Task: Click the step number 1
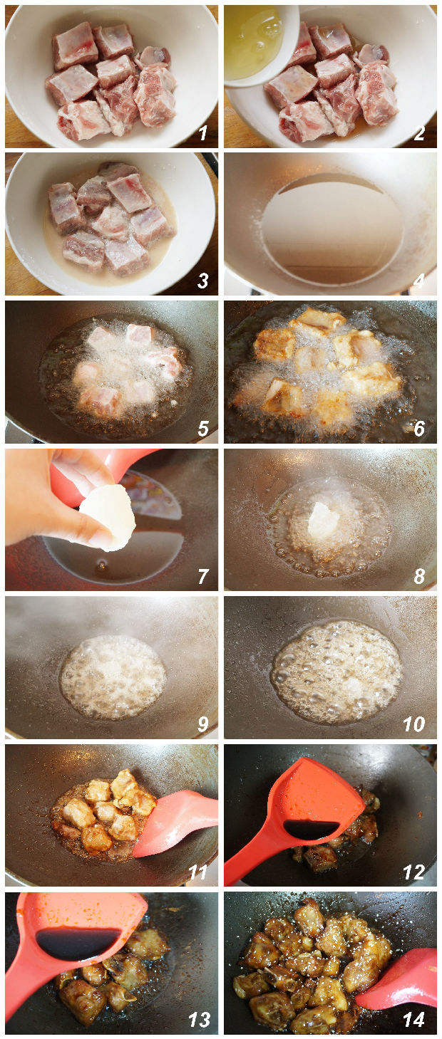(x=203, y=133)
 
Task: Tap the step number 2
(x=419, y=133)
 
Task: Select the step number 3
(x=203, y=281)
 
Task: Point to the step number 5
(x=203, y=428)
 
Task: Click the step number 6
(x=419, y=428)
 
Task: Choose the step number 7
(x=203, y=576)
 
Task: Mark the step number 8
(x=419, y=576)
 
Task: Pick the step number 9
(x=203, y=724)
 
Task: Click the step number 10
(x=413, y=724)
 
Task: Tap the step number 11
(x=197, y=872)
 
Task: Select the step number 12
(x=413, y=872)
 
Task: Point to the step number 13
(x=199, y=1020)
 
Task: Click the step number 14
(x=413, y=1020)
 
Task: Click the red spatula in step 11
(x=176, y=823)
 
